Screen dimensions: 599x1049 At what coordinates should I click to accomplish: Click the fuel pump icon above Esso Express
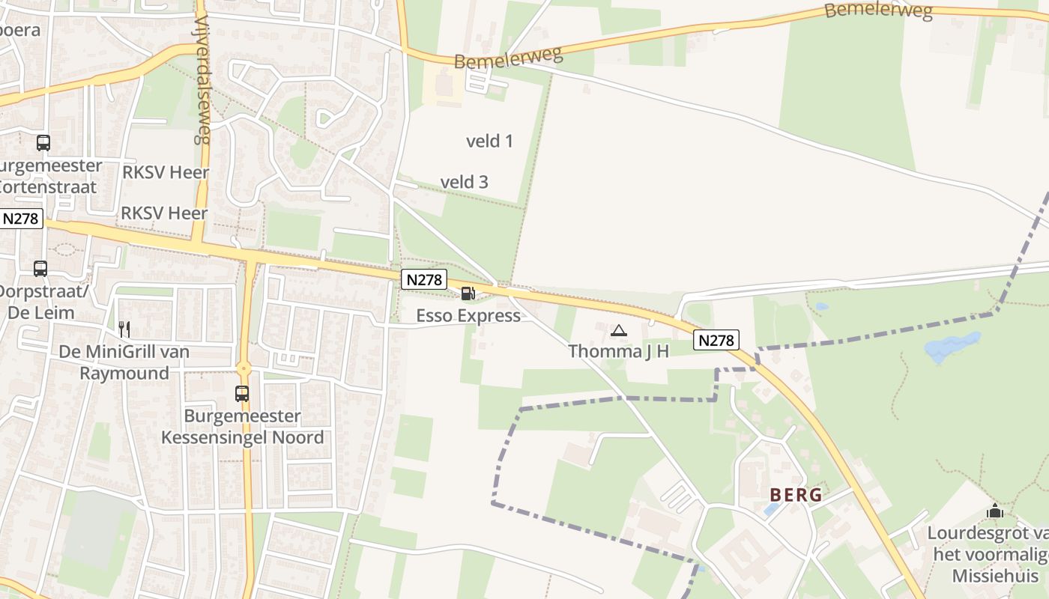[468, 294]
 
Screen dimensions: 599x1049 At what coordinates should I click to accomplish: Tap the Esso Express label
[468, 315]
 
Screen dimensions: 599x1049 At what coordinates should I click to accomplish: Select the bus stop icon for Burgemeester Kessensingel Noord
[241, 393]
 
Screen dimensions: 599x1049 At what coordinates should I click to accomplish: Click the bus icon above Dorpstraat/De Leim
[40, 268]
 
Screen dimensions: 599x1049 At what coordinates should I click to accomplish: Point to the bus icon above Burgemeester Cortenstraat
[43, 142]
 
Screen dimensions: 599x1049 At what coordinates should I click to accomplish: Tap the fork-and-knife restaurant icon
[124, 329]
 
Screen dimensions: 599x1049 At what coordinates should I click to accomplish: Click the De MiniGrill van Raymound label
[124, 362]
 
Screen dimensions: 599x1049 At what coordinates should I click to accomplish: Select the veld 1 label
[489, 141]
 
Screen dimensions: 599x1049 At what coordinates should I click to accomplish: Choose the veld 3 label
[464, 182]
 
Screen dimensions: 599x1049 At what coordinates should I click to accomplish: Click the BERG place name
[796, 495]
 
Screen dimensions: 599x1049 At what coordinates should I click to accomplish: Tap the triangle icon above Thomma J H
[618, 330]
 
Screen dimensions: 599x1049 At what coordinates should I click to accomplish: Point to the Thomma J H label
[618, 351]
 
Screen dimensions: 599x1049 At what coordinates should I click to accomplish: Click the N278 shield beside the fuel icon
[424, 279]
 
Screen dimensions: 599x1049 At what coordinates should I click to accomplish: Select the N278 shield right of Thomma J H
[716, 340]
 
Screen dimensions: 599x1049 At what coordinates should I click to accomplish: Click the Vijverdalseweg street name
[202, 72]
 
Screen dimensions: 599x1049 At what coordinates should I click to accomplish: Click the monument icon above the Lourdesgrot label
[995, 511]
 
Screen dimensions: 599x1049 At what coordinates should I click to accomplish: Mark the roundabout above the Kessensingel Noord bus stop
[243, 368]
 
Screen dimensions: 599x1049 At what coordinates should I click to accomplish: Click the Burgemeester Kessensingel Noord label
[243, 427]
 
